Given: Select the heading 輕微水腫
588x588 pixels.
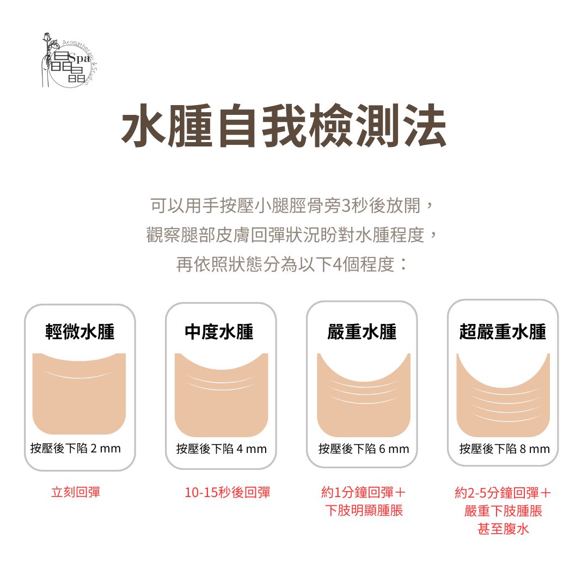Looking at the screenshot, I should (x=80, y=332).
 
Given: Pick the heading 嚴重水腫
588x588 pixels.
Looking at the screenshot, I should (x=362, y=332).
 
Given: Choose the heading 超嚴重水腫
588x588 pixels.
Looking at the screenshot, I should (x=503, y=332).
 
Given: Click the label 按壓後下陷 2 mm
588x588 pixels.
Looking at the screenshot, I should (x=76, y=449).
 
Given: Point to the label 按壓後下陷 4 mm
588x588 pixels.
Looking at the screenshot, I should (x=221, y=449).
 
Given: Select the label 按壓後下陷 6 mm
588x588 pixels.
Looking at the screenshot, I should (x=364, y=449).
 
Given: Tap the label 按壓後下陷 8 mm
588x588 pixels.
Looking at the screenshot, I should (x=505, y=449).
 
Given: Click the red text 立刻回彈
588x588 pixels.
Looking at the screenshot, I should (x=76, y=493).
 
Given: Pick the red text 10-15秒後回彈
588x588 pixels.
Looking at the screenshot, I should (x=228, y=493).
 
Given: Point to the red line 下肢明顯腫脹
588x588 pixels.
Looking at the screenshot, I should (x=364, y=511).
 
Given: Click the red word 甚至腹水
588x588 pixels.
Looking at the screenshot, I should (x=503, y=529).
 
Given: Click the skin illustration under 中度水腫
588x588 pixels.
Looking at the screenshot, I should (x=221, y=395).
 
